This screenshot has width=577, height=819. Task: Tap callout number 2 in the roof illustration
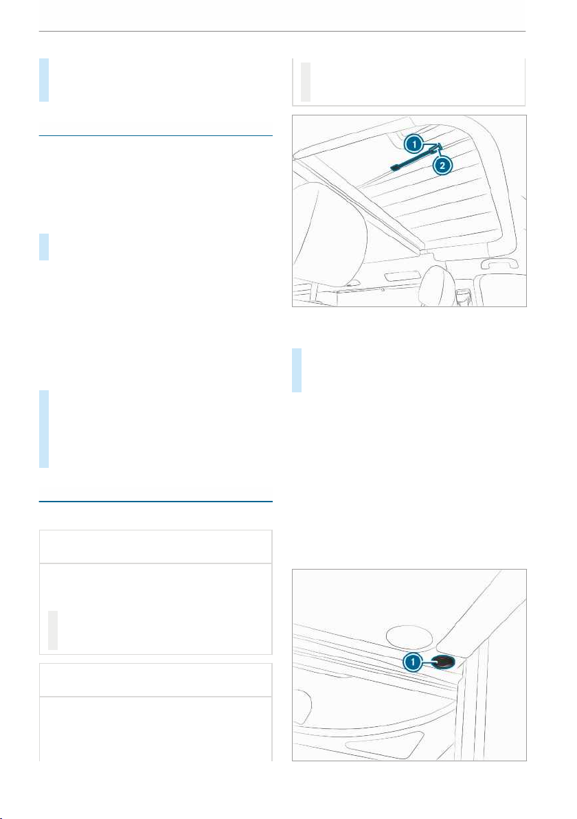pyautogui.click(x=442, y=166)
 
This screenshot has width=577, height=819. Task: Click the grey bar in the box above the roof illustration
pyautogui.click(x=306, y=82)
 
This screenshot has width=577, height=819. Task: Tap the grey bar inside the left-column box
pyautogui.click(x=53, y=630)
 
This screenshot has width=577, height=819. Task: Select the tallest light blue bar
pyautogui.click(x=45, y=429)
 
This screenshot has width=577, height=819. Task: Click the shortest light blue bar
pyautogui.click(x=45, y=247)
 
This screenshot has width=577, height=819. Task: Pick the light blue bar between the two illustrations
pyautogui.click(x=297, y=370)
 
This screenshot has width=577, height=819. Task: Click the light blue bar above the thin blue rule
pyautogui.click(x=45, y=80)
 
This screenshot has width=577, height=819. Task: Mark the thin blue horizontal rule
pyautogui.click(x=156, y=136)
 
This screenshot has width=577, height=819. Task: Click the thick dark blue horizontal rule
pyautogui.click(x=156, y=502)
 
